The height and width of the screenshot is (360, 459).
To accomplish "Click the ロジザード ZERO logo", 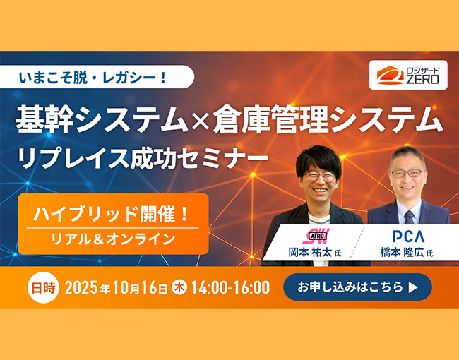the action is [x=408, y=75].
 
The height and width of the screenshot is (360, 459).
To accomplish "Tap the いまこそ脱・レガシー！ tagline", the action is [x=93, y=78].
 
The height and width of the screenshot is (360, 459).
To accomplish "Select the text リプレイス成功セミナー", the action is [x=143, y=158].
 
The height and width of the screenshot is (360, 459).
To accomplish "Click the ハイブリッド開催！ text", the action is [x=112, y=214].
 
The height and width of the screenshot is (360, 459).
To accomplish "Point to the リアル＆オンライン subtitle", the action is [x=113, y=239].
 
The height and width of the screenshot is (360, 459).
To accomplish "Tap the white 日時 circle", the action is [x=43, y=287].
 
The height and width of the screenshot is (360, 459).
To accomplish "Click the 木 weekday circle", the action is [x=179, y=287].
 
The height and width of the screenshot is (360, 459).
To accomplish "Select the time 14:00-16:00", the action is [x=231, y=287].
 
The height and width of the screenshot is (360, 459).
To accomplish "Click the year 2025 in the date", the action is [x=81, y=288].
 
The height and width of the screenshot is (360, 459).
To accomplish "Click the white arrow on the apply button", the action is [x=413, y=287].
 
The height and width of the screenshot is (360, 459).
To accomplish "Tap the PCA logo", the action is [x=408, y=236].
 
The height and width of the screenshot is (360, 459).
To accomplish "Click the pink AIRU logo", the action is [x=316, y=236].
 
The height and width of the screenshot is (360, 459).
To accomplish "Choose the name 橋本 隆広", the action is [x=402, y=253].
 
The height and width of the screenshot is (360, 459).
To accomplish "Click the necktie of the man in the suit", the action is [x=410, y=217].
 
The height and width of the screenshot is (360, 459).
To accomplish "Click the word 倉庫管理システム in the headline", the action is [x=328, y=120].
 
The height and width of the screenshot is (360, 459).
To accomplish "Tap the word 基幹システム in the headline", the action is [x=102, y=120].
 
